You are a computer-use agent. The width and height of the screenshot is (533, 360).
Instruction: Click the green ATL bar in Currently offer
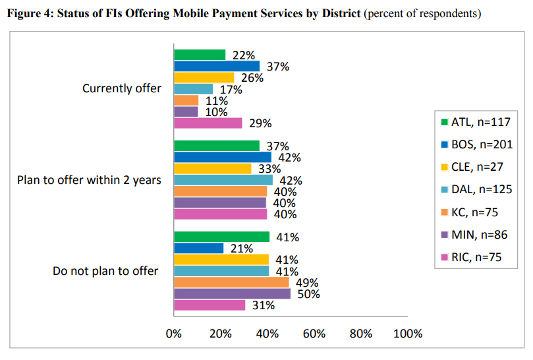[199, 55]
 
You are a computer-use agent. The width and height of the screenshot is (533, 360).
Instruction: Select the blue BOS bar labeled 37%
[216, 67]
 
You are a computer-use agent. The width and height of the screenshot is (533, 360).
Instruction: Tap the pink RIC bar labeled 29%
[208, 123]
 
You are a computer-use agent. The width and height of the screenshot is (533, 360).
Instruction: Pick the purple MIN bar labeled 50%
[231, 294]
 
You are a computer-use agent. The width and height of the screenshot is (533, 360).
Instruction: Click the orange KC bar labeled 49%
[231, 282]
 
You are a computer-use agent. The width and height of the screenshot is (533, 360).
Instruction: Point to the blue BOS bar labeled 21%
[198, 248]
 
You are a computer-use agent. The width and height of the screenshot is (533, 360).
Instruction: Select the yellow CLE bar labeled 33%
[212, 169]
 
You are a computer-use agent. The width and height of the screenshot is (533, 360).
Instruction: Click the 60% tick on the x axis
[314, 334]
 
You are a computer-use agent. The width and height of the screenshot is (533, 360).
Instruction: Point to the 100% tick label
[407, 334]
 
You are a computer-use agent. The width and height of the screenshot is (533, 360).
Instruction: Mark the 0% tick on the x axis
[174, 334]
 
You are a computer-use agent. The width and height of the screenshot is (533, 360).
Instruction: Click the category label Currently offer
[122, 88]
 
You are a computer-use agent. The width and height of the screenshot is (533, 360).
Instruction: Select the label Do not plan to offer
[105, 271]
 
